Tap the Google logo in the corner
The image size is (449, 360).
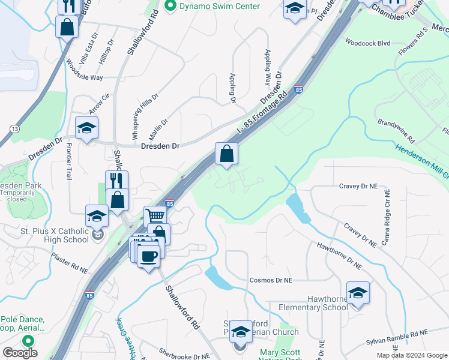(20, 353)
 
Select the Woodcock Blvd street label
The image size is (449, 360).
(367, 43)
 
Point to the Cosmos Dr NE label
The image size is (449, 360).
(271, 280)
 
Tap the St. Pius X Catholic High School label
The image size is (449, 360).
(46, 235)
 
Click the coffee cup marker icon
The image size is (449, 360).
(148, 256)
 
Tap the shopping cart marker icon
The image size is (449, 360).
(155, 215)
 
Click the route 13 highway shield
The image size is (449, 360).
(14, 129)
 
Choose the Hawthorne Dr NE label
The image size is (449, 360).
(340, 254)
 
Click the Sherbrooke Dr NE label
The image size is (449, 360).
(184, 353)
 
